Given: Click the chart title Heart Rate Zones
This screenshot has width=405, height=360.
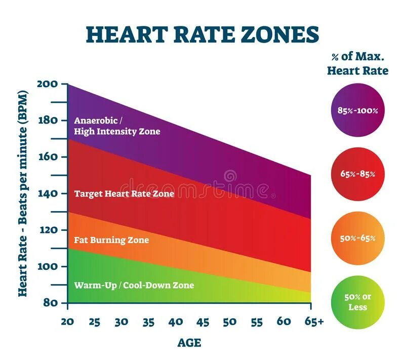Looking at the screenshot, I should click(x=202, y=34).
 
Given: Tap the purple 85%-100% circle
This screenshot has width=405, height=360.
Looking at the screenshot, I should click(x=357, y=110).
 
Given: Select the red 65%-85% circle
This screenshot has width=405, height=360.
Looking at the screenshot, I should click(x=357, y=174).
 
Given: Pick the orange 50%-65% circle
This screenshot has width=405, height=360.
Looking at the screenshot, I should click(x=357, y=238).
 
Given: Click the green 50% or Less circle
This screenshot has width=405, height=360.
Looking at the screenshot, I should click(x=357, y=302).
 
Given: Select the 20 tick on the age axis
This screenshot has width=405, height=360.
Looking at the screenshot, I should click(x=67, y=322).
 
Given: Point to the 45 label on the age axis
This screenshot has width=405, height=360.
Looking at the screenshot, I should click(x=202, y=322).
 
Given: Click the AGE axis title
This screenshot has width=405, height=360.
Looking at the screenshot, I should click(x=189, y=343).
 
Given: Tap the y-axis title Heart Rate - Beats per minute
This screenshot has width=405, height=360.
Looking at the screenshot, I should click(x=23, y=193).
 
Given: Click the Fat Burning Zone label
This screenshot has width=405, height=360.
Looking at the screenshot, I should click(x=111, y=239).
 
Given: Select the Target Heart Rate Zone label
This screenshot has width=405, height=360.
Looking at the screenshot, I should click(x=124, y=193).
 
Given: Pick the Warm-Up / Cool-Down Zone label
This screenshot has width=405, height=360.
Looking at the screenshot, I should click(x=134, y=285).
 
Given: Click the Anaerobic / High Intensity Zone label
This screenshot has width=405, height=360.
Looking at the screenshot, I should click(x=117, y=126).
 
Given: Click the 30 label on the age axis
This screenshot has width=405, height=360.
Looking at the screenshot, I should click(x=121, y=322).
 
